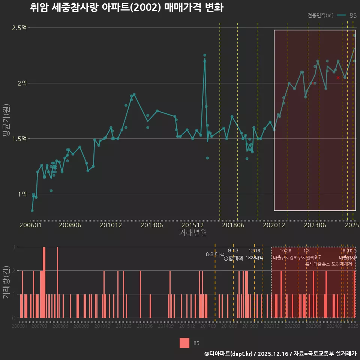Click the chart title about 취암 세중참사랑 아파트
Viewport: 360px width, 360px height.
pos(127,8)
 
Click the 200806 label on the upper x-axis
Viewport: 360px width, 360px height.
pos(69,225)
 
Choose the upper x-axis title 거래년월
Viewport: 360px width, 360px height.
pos(193,233)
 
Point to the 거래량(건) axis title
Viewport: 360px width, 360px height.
pos(6,282)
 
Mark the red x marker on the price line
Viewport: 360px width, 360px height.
pos(338,78)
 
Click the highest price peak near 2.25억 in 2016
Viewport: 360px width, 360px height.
pos(205,55)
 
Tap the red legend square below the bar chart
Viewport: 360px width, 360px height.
pos(184,343)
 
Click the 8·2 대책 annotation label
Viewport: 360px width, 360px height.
pos(215,254)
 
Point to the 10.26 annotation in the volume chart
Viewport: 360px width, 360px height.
pos(285,251)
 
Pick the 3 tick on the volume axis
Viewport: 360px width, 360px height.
pos(13,247)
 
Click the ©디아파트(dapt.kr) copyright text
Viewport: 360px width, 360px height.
pos(229,354)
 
